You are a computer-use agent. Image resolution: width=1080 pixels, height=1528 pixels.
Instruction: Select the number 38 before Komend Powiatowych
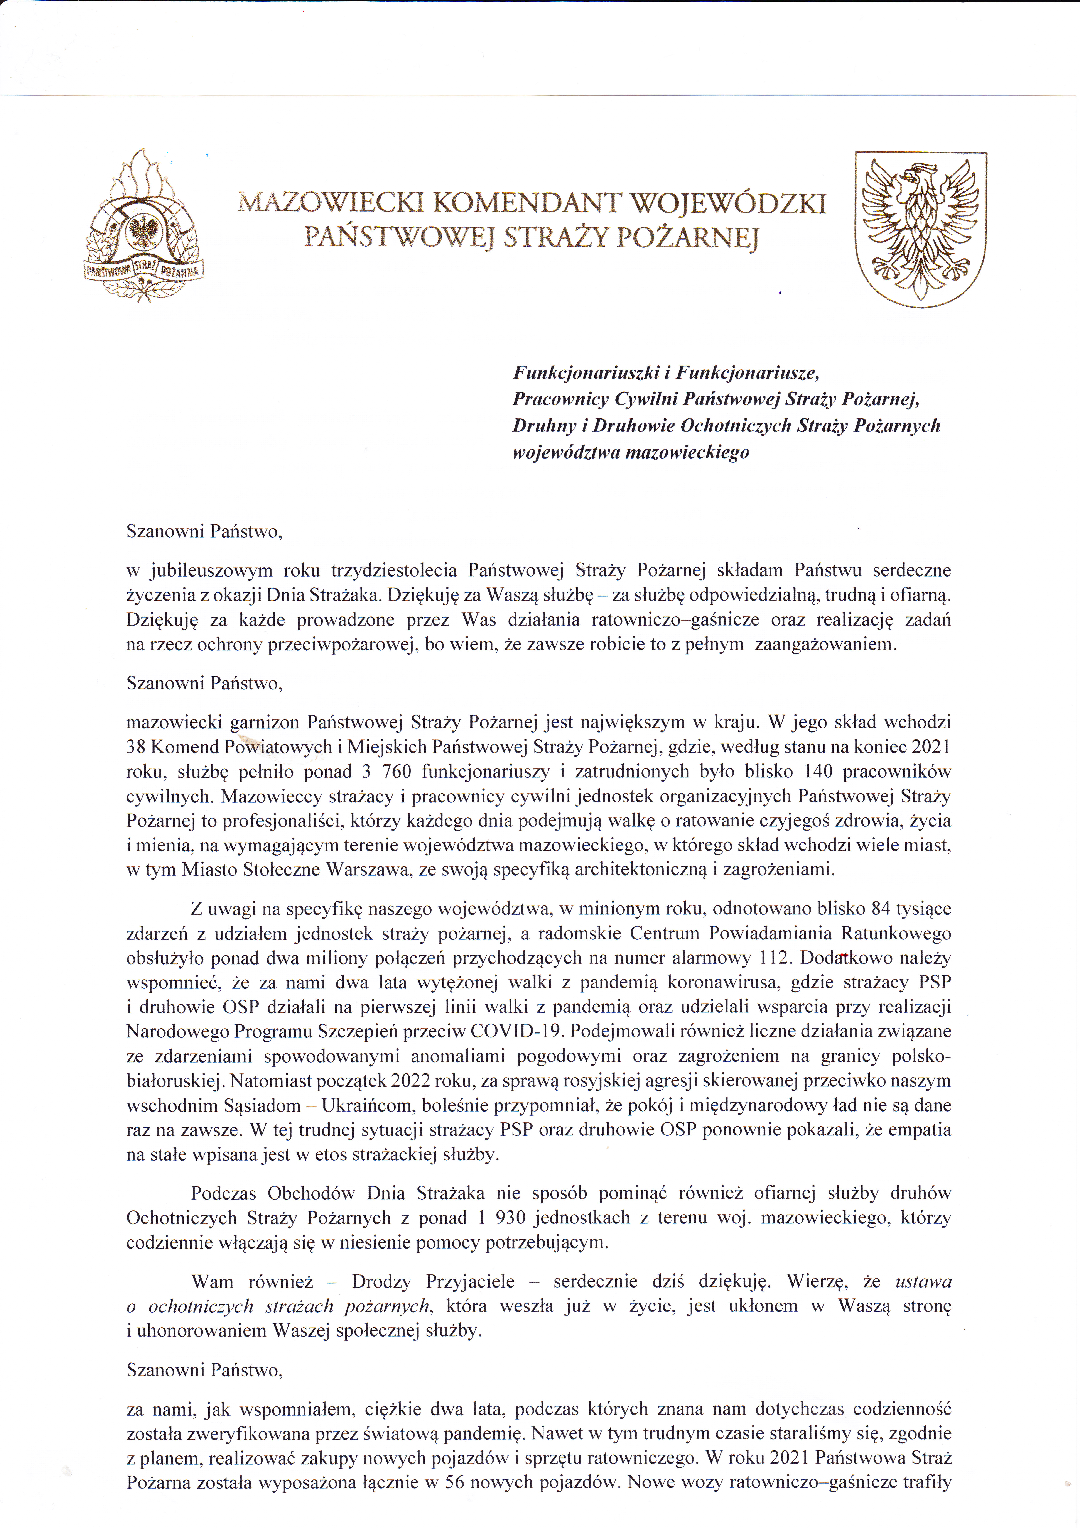[136, 747]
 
